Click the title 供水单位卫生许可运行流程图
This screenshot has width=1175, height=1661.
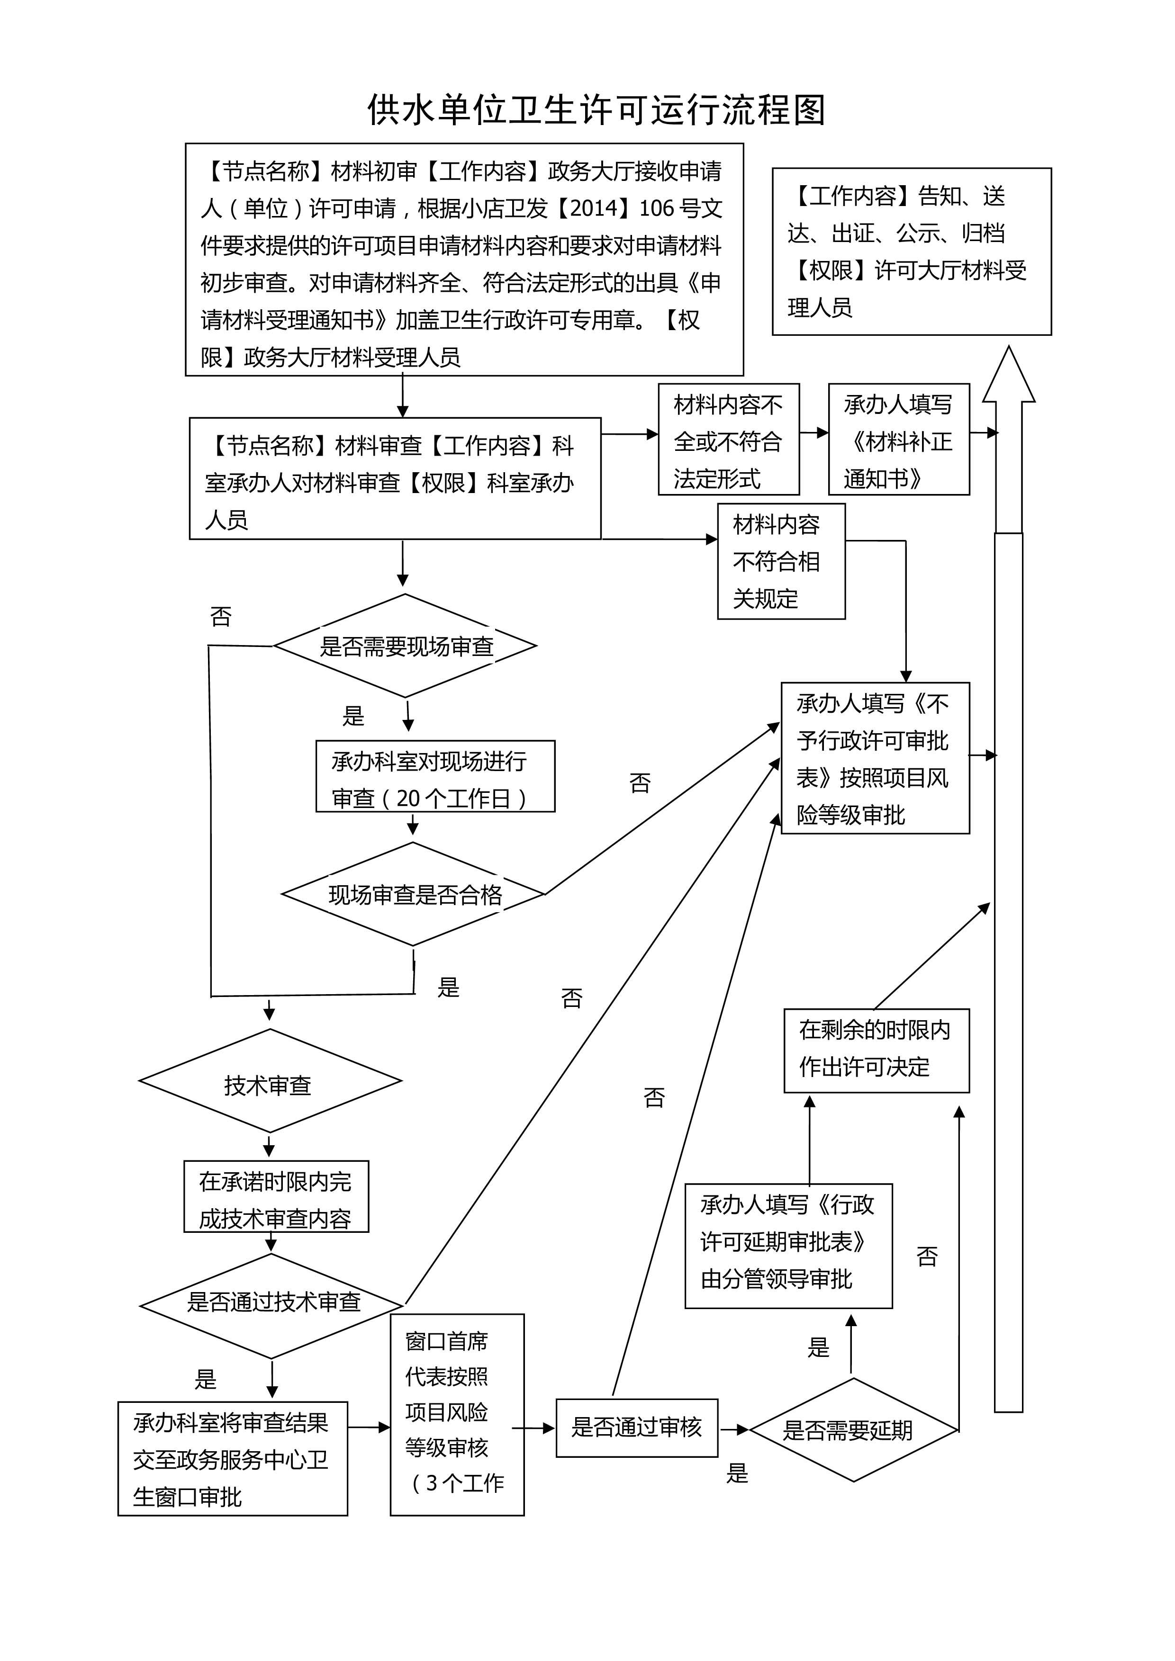point(596,110)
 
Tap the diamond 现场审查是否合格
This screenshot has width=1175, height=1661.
point(413,894)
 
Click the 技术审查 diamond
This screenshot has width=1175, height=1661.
point(270,1081)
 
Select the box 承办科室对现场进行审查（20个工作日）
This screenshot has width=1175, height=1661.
point(435,776)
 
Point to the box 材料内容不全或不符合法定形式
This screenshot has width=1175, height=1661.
point(729,439)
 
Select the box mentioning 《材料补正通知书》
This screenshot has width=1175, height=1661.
point(899,439)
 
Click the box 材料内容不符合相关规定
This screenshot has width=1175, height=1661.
point(781,561)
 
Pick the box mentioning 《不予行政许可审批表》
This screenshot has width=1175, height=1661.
point(876,758)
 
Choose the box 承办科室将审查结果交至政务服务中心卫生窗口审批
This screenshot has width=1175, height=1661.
point(233,1458)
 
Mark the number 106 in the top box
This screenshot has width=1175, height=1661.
point(657,208)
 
